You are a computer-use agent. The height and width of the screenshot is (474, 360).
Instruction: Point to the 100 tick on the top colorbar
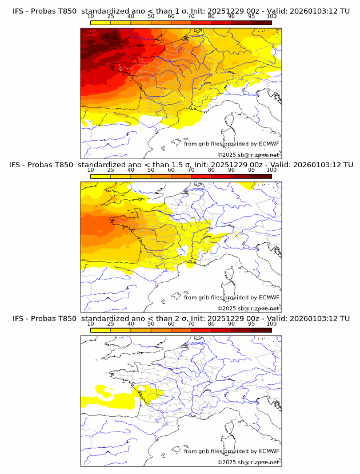271,16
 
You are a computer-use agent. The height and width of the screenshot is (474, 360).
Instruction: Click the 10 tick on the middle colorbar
91,170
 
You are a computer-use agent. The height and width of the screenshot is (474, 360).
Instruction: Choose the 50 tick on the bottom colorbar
151,323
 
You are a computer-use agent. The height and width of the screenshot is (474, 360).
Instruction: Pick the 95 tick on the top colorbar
251,16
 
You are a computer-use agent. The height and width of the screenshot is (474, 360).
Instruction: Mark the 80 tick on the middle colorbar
211,170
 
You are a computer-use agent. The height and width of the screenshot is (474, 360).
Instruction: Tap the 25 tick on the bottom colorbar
111,323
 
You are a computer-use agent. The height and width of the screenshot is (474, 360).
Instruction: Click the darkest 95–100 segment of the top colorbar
262,23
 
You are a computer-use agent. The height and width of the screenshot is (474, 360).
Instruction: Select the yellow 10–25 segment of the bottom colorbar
101,330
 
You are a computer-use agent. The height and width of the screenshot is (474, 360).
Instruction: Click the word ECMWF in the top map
269,144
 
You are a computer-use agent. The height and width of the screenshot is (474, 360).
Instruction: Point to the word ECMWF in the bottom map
269,451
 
